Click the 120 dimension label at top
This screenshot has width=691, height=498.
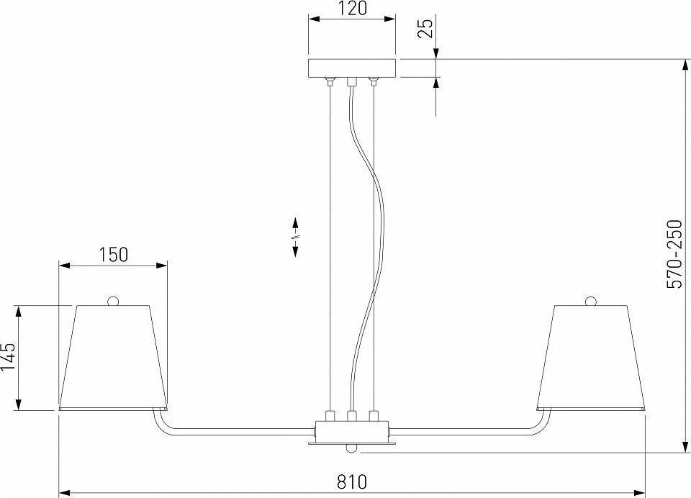click(351, 9)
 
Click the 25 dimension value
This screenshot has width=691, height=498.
click(425, 29)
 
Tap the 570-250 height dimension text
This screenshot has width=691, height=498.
click(674, 255)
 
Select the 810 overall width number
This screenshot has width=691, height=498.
click(351, 481)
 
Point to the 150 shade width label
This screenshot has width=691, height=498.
click(113, 254)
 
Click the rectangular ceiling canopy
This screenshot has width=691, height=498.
click(351, 68)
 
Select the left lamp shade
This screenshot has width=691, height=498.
click(114, 356)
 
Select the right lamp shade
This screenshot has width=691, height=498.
click(590, 356)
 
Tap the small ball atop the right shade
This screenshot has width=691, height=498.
click(591, 300)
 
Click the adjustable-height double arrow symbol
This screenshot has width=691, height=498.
click(295, 236)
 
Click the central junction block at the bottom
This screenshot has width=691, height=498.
click(351, 433)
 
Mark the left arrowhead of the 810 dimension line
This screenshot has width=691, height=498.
click(63, 493)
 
